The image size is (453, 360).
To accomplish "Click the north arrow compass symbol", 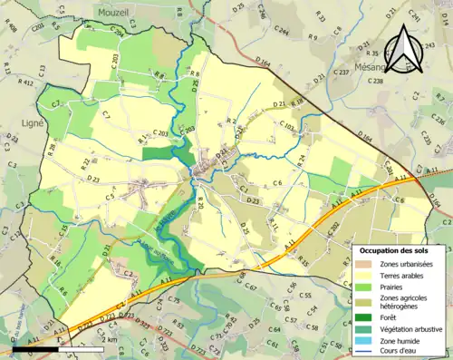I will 406,49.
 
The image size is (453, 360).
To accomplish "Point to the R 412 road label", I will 24,83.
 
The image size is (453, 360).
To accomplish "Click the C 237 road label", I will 341,70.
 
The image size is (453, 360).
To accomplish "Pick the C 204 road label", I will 118,32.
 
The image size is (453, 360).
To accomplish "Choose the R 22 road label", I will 86,163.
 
